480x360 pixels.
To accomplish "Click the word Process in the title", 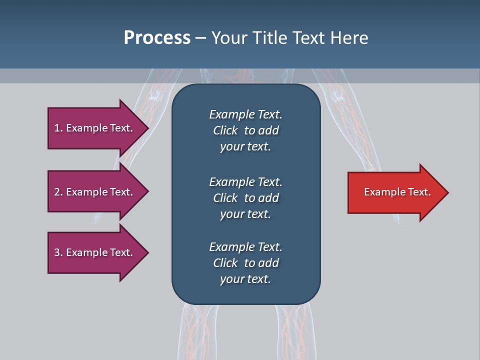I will coord(157,38).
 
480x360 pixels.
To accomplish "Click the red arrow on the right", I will coord(397,192).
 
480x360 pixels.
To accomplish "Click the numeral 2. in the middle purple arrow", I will coord(58,192).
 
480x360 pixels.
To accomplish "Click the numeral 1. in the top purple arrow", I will coord(58,128).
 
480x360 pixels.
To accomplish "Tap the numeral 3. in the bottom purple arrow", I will coord(58,252).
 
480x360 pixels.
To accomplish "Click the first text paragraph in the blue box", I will coord(245,130).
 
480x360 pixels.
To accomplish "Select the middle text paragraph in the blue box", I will coord(245,198).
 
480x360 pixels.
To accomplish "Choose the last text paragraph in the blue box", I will coord(245,263).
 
